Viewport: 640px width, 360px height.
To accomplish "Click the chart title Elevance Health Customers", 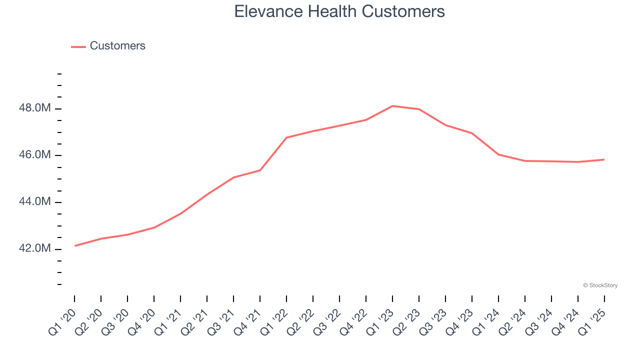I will tap(339, 11).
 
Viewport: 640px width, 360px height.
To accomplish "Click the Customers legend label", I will tap(117, 46).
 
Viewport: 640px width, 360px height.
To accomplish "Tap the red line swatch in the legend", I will tap(78, 46).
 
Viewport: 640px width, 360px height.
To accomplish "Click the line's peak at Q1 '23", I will tap(392, 106).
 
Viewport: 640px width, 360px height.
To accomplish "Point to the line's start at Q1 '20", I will tap(75, 245).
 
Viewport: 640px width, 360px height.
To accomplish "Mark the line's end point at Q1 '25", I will tap(604, 159).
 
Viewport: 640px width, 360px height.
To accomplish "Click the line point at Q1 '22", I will tap(286, 137).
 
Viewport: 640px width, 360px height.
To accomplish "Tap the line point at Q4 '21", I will tap(260, 170).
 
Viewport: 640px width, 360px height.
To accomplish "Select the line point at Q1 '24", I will tap(498, 154).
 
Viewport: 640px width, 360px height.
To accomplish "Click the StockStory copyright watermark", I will tap(600, 285).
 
